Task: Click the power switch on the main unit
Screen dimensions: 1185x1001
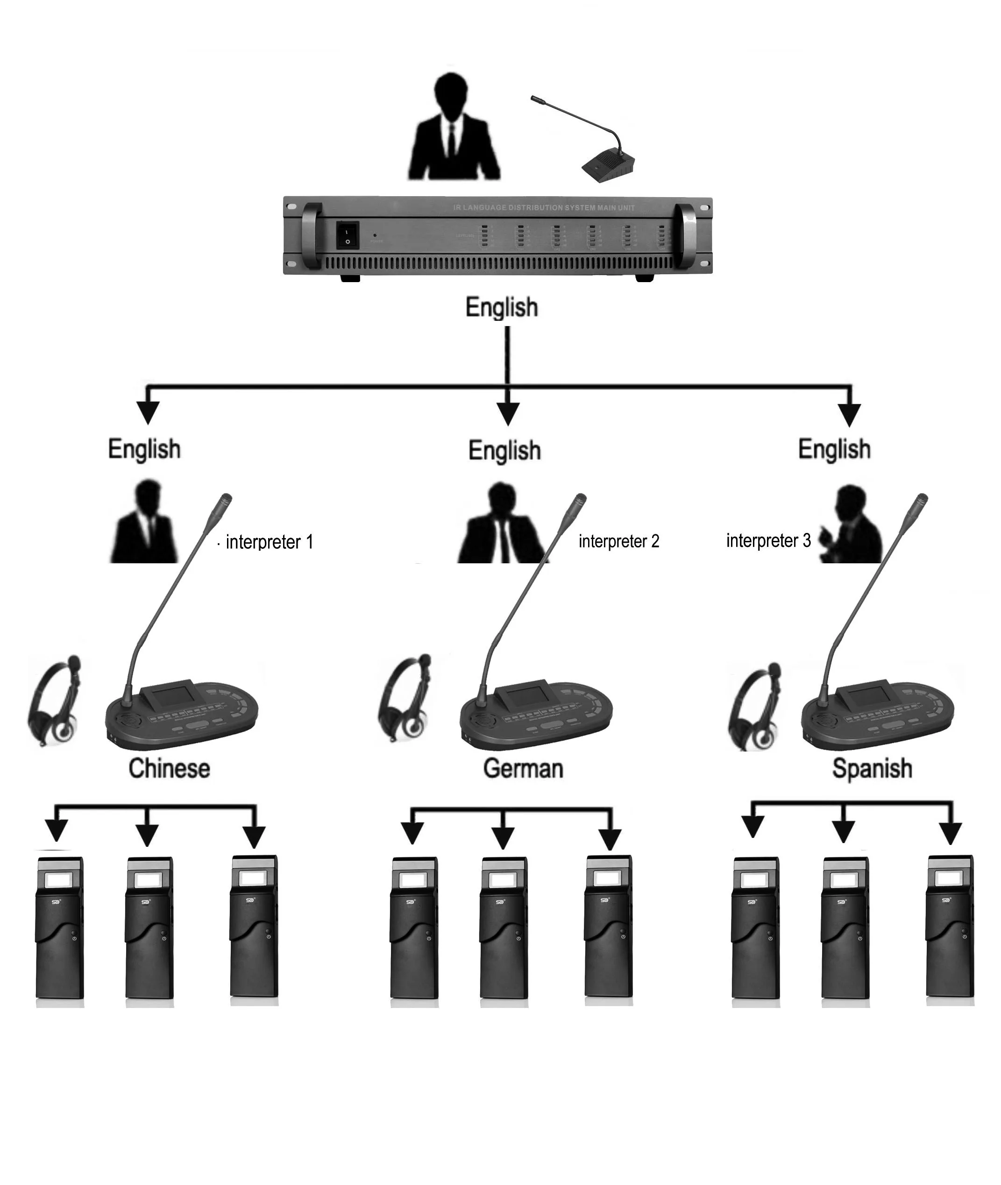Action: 347,235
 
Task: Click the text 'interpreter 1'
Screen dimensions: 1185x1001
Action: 269,542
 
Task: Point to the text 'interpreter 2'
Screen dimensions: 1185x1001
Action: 618,541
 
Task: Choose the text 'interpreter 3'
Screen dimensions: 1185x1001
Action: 768,540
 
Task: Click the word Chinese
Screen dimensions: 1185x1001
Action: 169,768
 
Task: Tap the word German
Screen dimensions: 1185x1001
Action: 523,768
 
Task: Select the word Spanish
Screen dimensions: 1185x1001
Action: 872,768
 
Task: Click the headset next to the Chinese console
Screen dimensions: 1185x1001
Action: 56,702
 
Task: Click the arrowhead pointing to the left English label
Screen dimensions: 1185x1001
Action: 148,412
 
